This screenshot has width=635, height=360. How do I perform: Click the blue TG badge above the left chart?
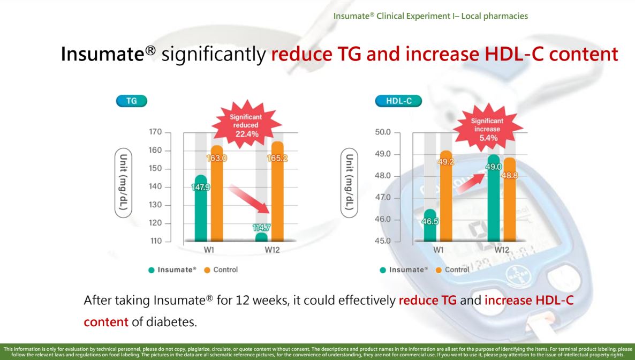click(131, 100)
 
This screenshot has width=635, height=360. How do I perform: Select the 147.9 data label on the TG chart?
click(201, 187)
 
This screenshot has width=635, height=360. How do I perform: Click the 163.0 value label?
click(217, 158)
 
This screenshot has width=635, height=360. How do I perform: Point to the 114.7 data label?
click(261, 227)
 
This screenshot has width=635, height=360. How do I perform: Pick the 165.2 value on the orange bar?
click(277, 159)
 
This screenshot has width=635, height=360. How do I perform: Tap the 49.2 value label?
click(446, 161)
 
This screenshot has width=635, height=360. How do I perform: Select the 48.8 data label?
click(509, 175)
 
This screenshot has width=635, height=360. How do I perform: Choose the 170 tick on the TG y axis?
click(156, 132)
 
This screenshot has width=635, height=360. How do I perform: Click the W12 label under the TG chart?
click(271, 250)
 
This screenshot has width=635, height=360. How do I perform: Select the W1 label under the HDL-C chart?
click(438, 250)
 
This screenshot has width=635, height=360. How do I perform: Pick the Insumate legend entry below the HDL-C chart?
click(404, 269)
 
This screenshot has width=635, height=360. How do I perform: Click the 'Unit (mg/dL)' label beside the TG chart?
click(124, 183)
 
